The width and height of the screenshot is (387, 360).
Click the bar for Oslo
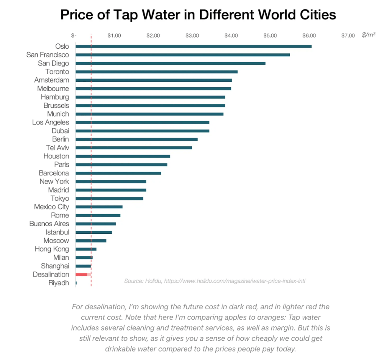pyautogui.click(x=193, y=47)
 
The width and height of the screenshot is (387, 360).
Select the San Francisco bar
pyautogui.click(x=183, y=55)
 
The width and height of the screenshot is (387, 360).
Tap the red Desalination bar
pyautogui.click(x=82, y=275)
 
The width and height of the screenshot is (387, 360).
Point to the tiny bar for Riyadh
pyautogui.click(x=76, y=283)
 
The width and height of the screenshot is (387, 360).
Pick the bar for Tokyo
pyautogui.click(x=109, y=199)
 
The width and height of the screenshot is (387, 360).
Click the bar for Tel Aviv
pyautogui.click(x=134, y=148)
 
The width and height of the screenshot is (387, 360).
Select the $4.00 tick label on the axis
pyautogui.click(x=231, y=36)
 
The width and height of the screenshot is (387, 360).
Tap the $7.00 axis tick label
pyautogui.click(x=348, y=36)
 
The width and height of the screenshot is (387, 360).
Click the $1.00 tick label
pyautogui.click(x=114, y=36)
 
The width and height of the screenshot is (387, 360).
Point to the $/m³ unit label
pyautogui.click(x=368, y=35)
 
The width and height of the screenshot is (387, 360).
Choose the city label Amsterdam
pyautogui.click(x=51, y=80)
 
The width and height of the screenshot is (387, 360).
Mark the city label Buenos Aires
pyautogui.click(x=49, y=224)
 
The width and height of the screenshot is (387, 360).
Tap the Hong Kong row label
pyautogui.click(x=52, y=249)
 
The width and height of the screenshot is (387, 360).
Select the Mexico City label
pyautogui.click(x=51, y=207)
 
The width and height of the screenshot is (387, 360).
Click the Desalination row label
pyautogui.click(x=51, y=275)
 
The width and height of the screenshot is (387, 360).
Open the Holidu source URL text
pyautogui.click(x=234, y=281)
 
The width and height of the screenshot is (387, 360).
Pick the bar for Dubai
pyautogui.click(x=142, y=131)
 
